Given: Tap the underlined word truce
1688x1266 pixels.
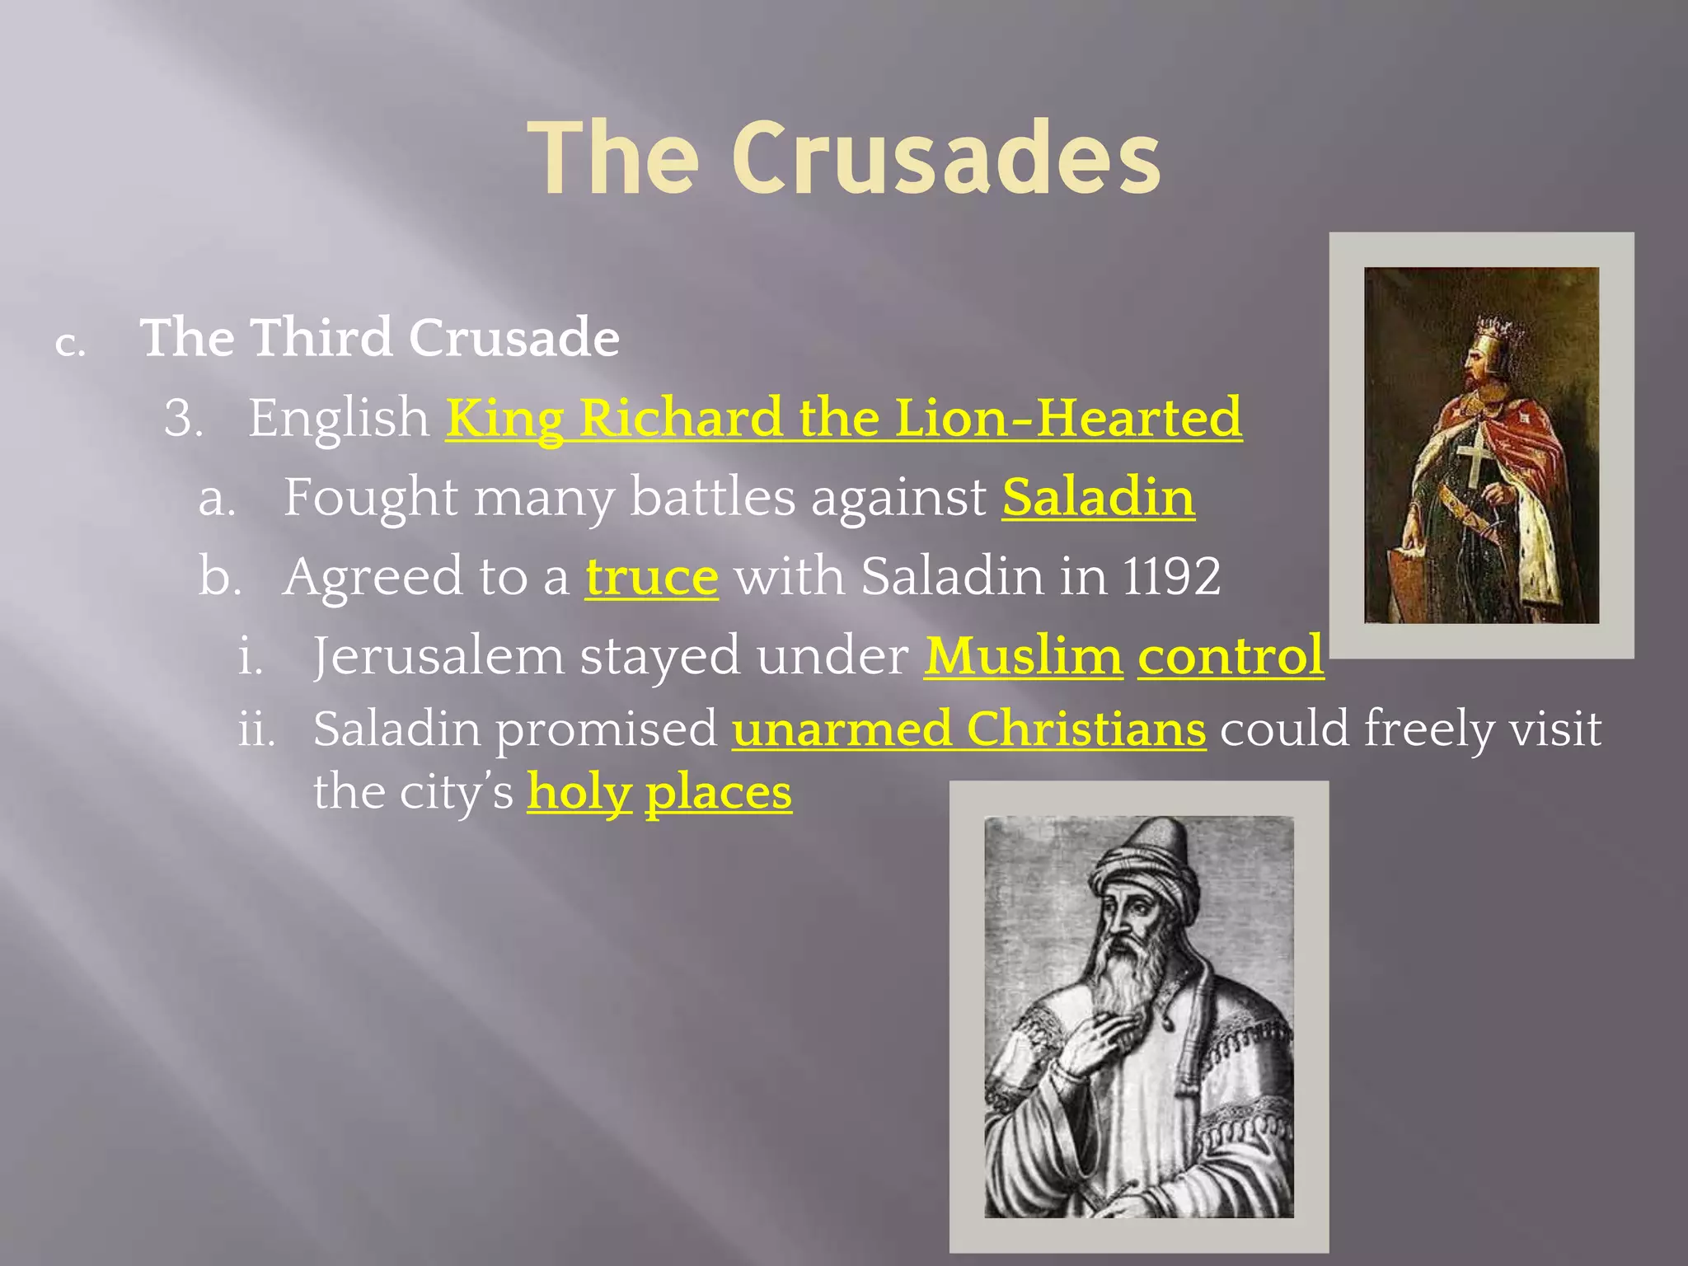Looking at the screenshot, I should (652, 576).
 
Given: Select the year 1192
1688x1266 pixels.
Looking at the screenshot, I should (1171, 576).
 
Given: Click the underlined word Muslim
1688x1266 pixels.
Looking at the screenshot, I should (1023, 656).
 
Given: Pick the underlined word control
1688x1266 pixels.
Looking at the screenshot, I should (1231, 656).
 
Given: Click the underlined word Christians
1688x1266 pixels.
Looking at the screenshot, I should (1085, 729).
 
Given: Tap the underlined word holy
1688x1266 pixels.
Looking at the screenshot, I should (579, 793).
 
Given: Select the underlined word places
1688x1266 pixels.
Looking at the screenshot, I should (718, 793).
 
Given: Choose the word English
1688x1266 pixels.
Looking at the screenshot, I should (339, 418).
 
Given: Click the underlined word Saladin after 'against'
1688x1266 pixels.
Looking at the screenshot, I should (1098, 497).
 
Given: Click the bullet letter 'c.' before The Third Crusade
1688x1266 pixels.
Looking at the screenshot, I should (70, 344).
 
